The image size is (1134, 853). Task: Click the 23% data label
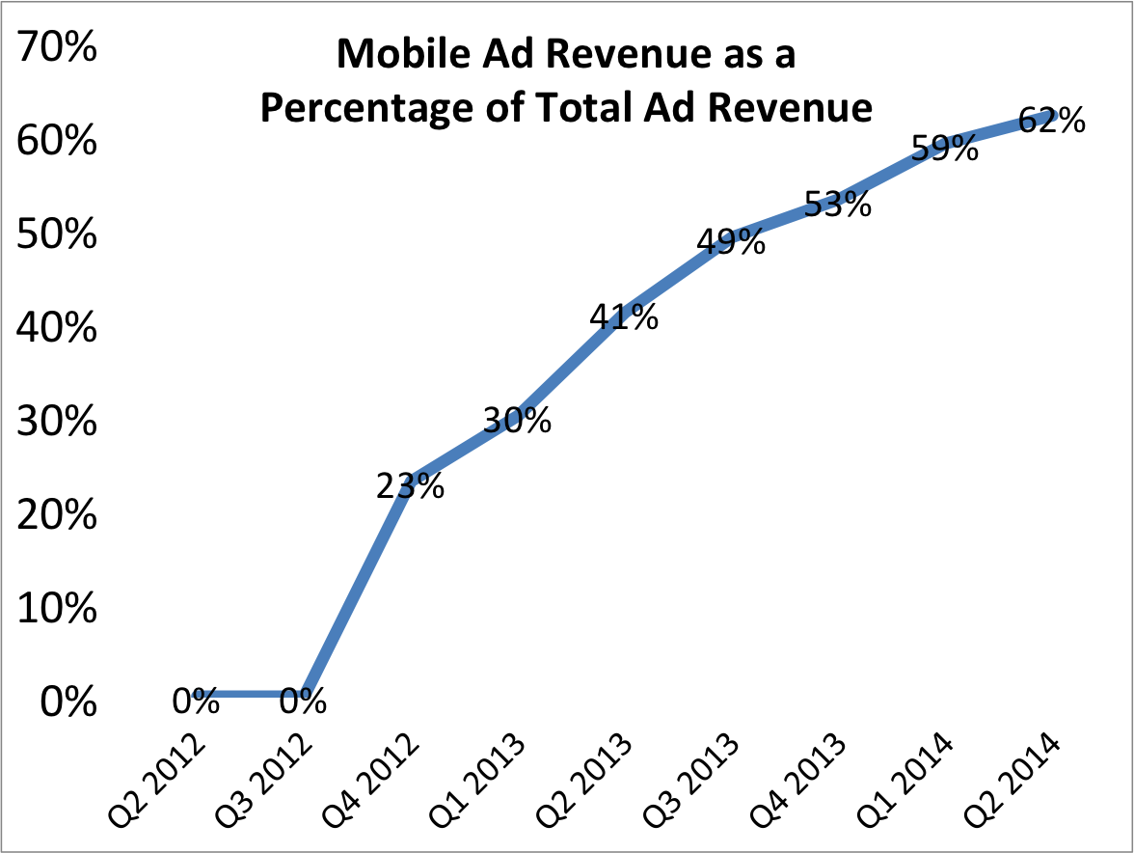coord(411,486)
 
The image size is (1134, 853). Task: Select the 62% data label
coord(1052,123)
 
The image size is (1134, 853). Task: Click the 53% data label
coord(838,205)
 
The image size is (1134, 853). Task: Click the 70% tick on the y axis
coord(57,49)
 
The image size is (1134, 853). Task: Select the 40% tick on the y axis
coord(57,329)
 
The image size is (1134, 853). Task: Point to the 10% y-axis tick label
coord(57,609)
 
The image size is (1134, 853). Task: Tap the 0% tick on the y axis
coord(67,702)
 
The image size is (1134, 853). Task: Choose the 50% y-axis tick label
coord(57,235)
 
